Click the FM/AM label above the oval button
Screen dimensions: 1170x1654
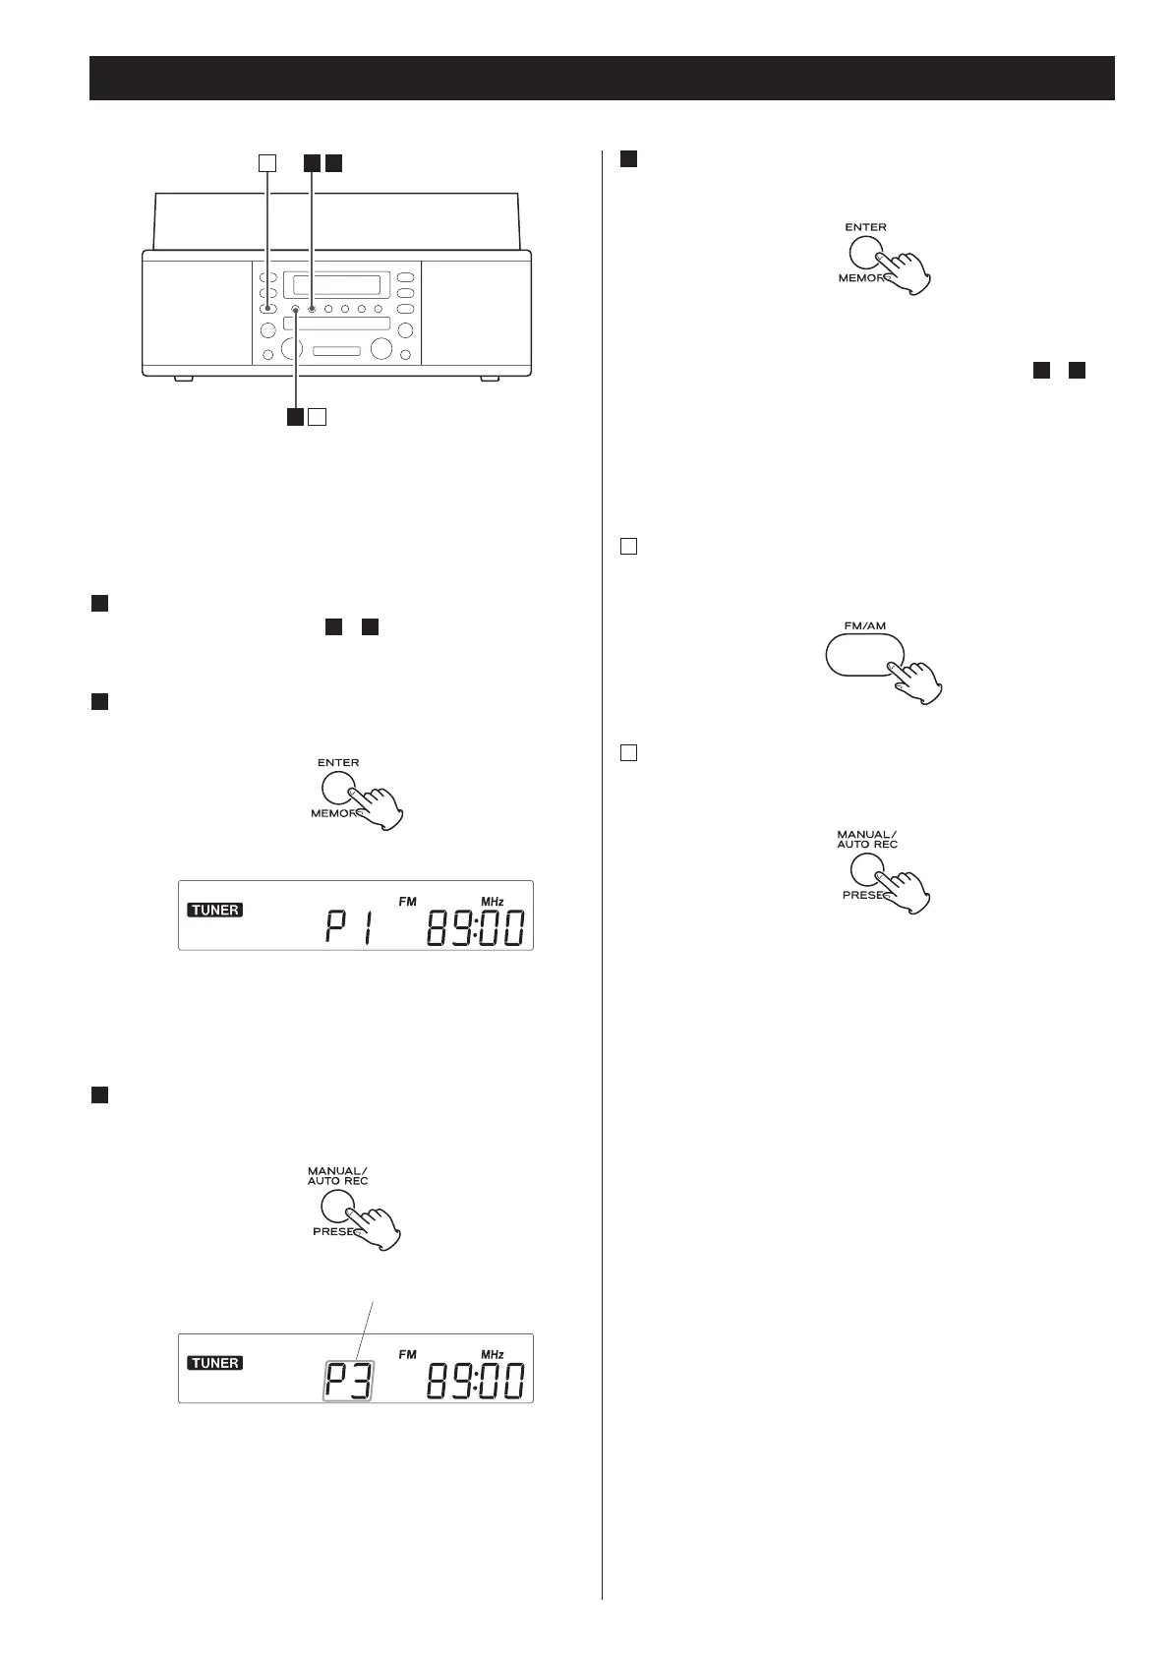click(x=865, y=625)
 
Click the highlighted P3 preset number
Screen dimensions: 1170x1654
click(x=350, y=1381)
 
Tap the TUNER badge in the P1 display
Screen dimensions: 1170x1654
click(x=215, y=910)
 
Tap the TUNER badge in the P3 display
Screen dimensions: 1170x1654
click(x=215, y=1363)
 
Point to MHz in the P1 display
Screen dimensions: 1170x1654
click(x=492, y=901)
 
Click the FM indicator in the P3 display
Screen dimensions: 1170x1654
click(x=407, y=1354)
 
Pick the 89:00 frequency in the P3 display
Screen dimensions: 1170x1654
click(x=475, y=1382)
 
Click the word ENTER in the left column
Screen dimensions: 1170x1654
click(x=338, y=762)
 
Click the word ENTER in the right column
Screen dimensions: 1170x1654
click(x=865, y=227)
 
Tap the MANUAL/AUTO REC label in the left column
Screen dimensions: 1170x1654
click(x=337, y=1176)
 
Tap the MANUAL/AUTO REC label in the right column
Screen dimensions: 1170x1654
click(x=867, y=839)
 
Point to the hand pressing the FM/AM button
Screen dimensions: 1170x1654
click(x=917, y=679)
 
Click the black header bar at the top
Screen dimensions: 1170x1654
click(x=602, y=78)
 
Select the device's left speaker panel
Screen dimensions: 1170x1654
click(x=197, y=313)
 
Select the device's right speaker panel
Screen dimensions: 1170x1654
click(x=476, y=313)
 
